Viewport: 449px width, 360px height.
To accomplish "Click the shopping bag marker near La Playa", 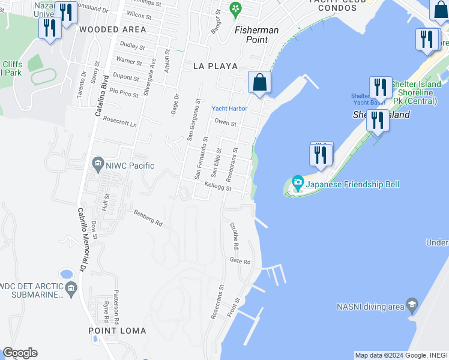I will [259, 83].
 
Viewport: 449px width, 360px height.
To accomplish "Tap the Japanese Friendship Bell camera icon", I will [297, 181].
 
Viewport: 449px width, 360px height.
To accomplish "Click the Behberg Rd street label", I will [148, 217].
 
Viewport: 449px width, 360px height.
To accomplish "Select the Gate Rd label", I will [240, 261].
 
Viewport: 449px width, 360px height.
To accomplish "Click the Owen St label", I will [225, 124].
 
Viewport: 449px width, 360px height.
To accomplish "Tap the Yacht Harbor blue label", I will [229, 109].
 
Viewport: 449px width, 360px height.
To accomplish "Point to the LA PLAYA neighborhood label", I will [215, 66].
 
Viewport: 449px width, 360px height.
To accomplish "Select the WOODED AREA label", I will [112, 29].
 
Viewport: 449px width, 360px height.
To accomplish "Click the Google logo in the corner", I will [20, 353].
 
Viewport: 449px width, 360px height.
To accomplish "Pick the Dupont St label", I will [127, 78].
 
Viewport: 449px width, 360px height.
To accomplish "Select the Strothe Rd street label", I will [235, 235].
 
